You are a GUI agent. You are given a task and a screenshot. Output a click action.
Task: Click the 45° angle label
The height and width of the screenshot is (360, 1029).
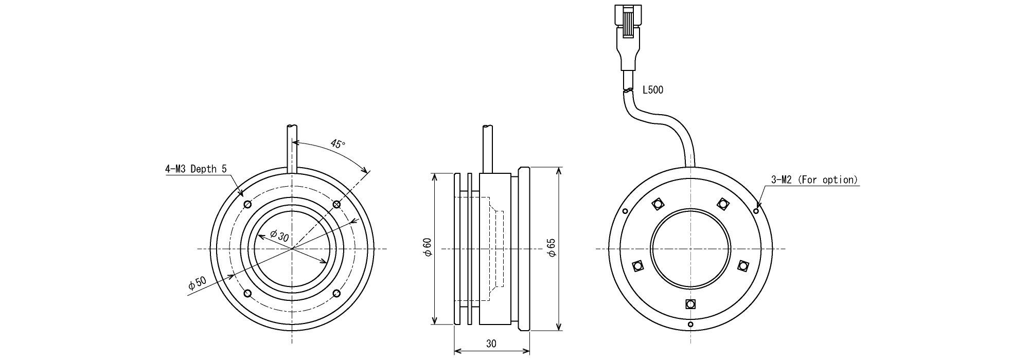[x=338, y=144]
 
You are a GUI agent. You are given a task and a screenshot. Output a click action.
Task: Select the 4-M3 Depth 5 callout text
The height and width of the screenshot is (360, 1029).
[x=196, y=169]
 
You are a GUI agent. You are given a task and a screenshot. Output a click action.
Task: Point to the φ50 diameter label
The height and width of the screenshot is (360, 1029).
[x=197, y=283]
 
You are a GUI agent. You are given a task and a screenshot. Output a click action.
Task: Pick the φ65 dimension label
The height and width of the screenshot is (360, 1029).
[x=552, y=248]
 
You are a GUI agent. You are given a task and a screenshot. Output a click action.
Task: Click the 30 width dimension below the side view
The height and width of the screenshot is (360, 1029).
[x=491, y=344]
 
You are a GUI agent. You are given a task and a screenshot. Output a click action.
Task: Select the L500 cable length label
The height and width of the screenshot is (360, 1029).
[x=653, y=91]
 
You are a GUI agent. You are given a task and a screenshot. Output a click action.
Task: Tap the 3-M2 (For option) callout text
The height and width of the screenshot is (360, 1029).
[x=814, y=180]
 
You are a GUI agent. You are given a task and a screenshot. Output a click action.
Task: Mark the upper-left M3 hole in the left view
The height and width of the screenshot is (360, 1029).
[x=248, y=205]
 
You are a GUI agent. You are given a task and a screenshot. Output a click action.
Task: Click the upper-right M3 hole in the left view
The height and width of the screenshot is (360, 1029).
[x=336, y=205]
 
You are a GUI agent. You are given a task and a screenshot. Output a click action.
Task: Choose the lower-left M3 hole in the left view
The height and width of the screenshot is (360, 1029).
[x=248, y=294]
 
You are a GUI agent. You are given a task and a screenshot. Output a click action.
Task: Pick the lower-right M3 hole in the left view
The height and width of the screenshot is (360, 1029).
[x=336, y=294]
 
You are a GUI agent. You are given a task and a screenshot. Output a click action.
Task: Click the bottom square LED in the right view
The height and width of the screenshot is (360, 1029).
[x=690, y=303]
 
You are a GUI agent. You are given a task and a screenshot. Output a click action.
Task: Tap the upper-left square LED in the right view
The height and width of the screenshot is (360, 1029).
[x=658, y=204]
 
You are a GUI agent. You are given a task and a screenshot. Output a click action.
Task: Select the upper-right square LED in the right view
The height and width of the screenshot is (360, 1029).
[x=723, y=204]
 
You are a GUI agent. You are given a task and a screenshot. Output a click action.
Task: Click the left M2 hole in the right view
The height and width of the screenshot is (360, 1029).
[x=625, y=211]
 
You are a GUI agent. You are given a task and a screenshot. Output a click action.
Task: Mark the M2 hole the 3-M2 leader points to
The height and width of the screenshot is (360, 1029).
[x=756, y=211]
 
